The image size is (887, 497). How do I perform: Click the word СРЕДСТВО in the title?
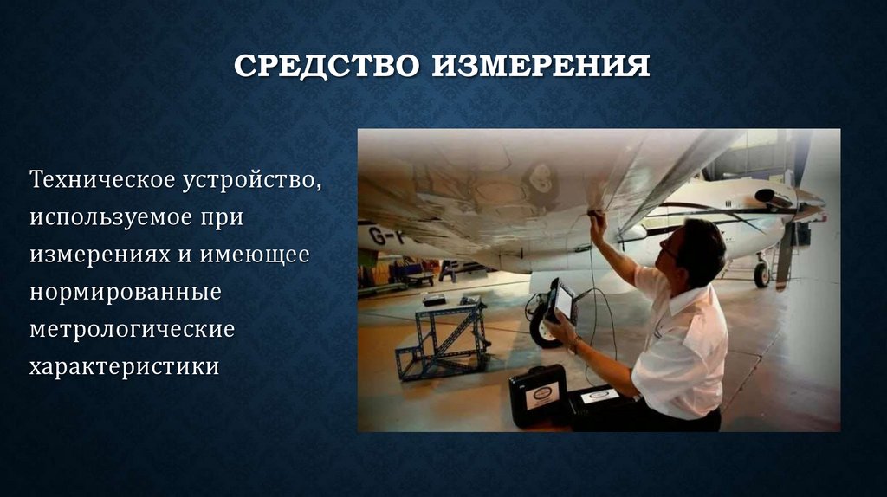pyautogui.click(x=327, y=66)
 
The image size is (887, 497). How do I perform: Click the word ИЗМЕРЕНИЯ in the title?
pyautogui.click(x=541, y=66)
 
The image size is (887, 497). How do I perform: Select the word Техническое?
pyautogui.click(x=102, y=179)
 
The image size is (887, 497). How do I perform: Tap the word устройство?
pyautogui.click(x=252, y=181)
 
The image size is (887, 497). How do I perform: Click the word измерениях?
pyautogui.click(x=100, y=255)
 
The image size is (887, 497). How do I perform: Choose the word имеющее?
pyautogui.click(x=255, y=255)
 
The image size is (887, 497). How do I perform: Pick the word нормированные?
pyautogui.click(x=126, y=293)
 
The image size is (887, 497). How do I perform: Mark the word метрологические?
pyautogui.click(x=132, y=329)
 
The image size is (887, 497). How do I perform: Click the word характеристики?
pyautogui.click(x=125, y=366)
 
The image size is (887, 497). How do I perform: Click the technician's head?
pyautogui.click(x=696, y=250)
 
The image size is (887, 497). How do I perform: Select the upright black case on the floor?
pyautogui.click(x=537, y=397)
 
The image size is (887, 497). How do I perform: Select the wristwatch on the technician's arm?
pyautogui.click(x=576, y=344)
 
